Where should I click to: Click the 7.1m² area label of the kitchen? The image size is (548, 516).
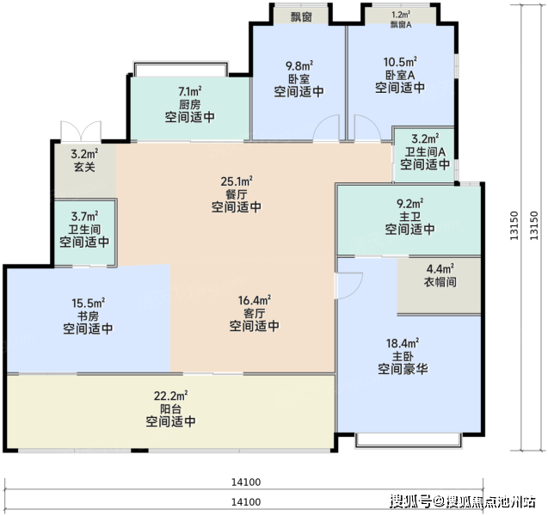coord(190,91)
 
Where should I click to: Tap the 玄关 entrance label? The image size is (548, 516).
coord(84,167)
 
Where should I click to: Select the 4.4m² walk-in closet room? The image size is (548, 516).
coord(439,286)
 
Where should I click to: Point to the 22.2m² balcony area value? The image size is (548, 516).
coord(170,396)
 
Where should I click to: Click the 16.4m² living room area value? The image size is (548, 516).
coord(255,300)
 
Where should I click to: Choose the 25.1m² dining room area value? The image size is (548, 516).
coord(237,181)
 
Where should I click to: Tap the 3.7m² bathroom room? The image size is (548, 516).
coord(84,232)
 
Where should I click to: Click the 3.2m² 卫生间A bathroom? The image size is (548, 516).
coord(424,155)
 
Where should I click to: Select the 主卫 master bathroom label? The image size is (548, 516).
coord(410,217)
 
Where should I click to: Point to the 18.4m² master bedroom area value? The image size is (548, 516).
coord(403,343)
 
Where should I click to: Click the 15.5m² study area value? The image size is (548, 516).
coord(88,303)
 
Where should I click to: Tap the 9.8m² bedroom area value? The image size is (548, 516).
coord(299,65)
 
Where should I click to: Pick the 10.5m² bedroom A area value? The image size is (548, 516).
coord(400,62)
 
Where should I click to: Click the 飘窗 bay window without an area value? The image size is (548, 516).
coord(301,16)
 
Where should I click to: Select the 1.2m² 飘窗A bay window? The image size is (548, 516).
coord(401,16)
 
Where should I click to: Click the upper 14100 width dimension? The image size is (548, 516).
coord(246,482)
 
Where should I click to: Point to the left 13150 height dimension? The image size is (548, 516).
coord(514,225)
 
